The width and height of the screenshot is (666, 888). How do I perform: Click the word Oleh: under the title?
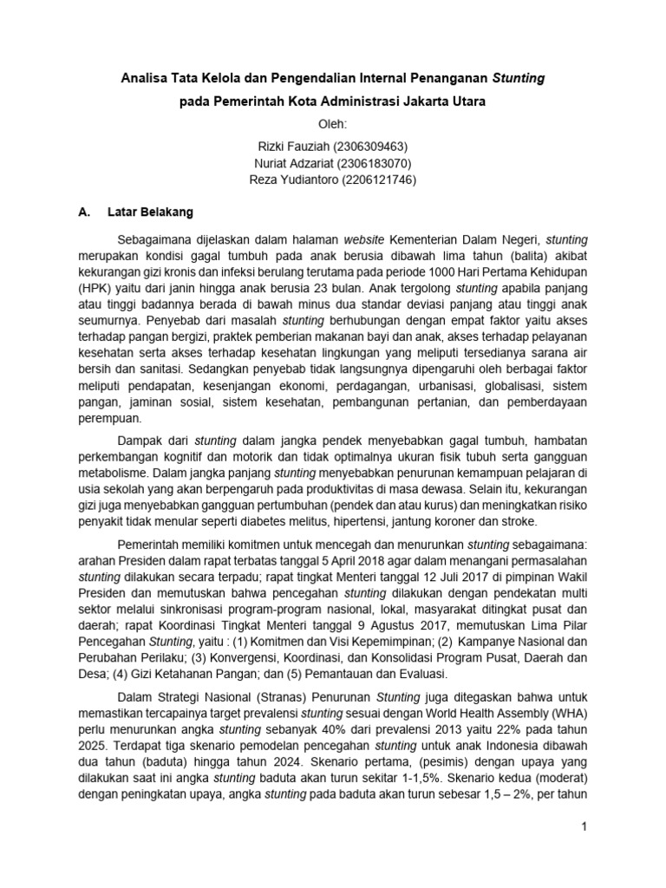coord(333,123)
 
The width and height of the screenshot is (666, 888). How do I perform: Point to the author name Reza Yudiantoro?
coord(291,180)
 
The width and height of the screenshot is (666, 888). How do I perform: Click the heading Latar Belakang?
coord(150,212)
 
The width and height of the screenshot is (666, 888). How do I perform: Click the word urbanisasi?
coord(427,384)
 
